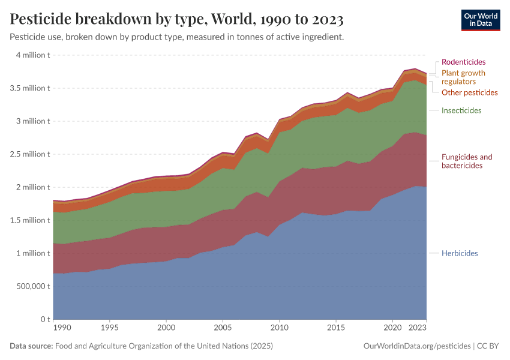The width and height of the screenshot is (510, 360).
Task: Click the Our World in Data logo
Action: (480, 20)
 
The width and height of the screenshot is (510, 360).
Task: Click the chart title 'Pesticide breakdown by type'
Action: (176, 20)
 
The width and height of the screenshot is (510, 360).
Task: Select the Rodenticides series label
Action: (463, 62)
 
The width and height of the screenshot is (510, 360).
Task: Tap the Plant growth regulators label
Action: (463, 77)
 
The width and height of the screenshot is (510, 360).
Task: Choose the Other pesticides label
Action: (469, 92)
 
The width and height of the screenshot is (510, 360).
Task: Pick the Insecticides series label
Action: (461, 110)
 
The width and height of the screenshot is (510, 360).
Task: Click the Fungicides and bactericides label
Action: (466, 161)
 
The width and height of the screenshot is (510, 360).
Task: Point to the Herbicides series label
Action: (460, 253)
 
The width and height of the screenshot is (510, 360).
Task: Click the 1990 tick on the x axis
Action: (62, 328)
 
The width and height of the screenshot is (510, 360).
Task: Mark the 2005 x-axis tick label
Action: (223, 328)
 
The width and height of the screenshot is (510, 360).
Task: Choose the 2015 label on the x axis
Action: (335, 328)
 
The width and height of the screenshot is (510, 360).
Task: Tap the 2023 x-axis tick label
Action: (418, 328)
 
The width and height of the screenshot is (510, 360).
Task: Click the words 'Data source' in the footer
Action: (31, 346)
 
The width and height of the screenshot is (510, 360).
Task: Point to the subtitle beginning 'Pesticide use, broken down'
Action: (177, 37)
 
